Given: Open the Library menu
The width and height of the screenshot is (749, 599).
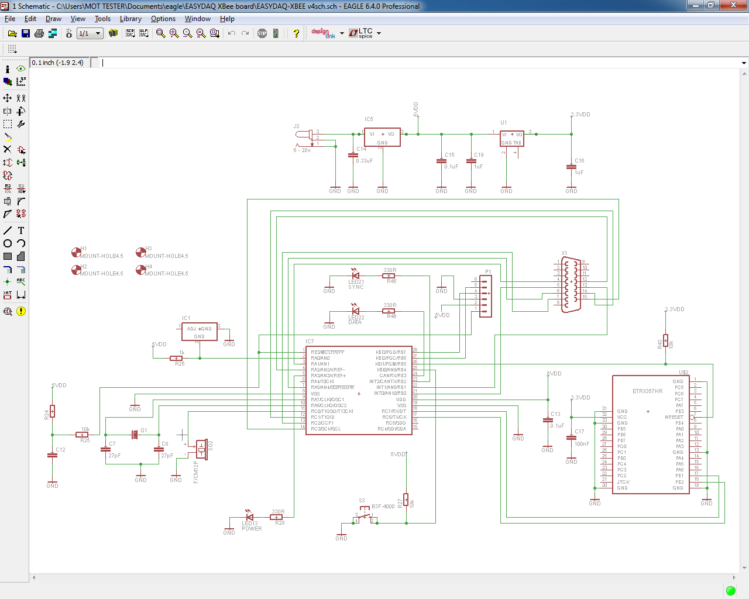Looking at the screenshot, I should tap(130, 19).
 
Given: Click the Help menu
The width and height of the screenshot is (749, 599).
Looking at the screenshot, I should tap(227, 19).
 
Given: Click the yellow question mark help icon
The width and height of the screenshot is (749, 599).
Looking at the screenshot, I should tap(296, 33).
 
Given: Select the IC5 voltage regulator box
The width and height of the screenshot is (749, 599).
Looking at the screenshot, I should tap(382, 137).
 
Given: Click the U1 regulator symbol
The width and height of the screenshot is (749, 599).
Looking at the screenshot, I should tap(511, 139).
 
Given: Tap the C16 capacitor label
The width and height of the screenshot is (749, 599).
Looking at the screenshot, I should tap(579, 161).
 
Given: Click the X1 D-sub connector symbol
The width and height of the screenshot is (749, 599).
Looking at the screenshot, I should tap(571, 285).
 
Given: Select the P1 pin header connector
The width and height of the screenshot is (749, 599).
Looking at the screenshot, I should tap(485, 296).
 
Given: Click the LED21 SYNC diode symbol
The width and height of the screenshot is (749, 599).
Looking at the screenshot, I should tap(355, 275).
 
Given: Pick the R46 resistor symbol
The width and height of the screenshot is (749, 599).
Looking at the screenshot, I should tap(389, 311).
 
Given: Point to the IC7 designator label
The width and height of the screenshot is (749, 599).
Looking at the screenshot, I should tap(310, 342).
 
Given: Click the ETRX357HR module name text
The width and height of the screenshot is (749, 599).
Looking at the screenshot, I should tap(647, 391).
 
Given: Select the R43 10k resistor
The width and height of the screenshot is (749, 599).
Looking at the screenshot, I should tap(665, 341).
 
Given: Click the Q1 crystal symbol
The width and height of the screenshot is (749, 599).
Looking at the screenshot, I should tap(135, 434).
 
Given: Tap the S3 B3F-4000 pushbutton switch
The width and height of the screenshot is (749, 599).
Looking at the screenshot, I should tap(365, 517).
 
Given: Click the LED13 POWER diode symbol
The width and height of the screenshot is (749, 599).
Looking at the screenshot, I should tap(250, 517).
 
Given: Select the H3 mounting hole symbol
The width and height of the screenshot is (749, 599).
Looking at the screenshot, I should tap(141, 252).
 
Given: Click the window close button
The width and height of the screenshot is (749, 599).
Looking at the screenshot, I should tap(733, 5).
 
